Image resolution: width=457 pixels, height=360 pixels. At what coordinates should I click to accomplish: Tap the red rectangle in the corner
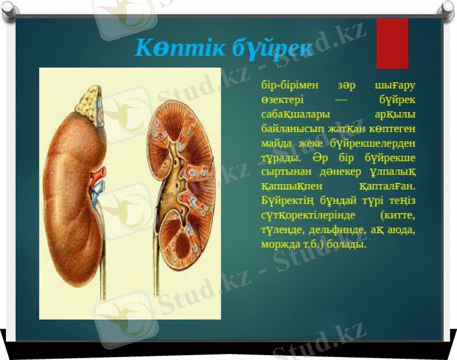coord(392,44)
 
